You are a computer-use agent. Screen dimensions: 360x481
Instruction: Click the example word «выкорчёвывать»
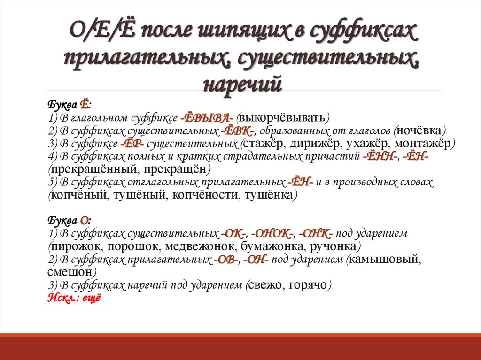click(x=284, y=117)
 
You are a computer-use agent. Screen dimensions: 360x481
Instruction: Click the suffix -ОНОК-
click(x=272, y=233)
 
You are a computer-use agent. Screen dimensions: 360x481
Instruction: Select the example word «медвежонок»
click(x=201, y=246)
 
